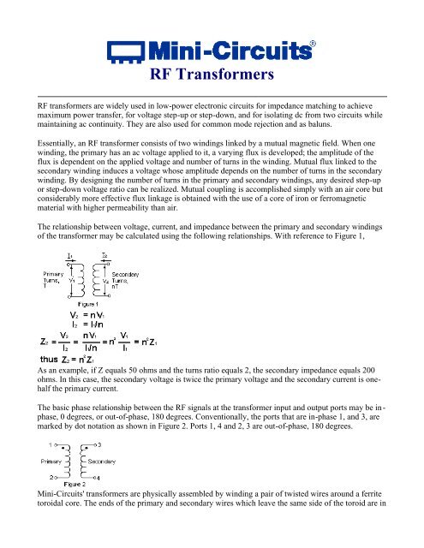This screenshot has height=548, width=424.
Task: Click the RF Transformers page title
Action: pyautogui.click(x=212, y=74)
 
